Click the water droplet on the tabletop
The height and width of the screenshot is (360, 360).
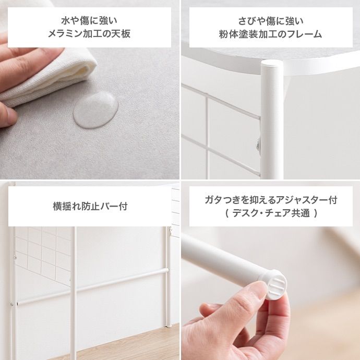(95, 110)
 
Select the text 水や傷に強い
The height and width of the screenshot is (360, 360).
(89, 21)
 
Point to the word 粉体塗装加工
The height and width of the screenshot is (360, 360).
(249, 34)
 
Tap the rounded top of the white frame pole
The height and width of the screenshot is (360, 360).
(272, 64)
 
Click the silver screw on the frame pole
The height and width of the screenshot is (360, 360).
(258, 145)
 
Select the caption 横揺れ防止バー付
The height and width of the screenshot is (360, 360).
(90, 206)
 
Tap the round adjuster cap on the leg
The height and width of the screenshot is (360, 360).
(277, 285)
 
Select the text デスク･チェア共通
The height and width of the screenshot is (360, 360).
(271, 213)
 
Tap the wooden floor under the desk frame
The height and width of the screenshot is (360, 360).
(119, 344)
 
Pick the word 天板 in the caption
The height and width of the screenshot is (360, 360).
(121, 34)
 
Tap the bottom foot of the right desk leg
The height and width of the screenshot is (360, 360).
(169, 324)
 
